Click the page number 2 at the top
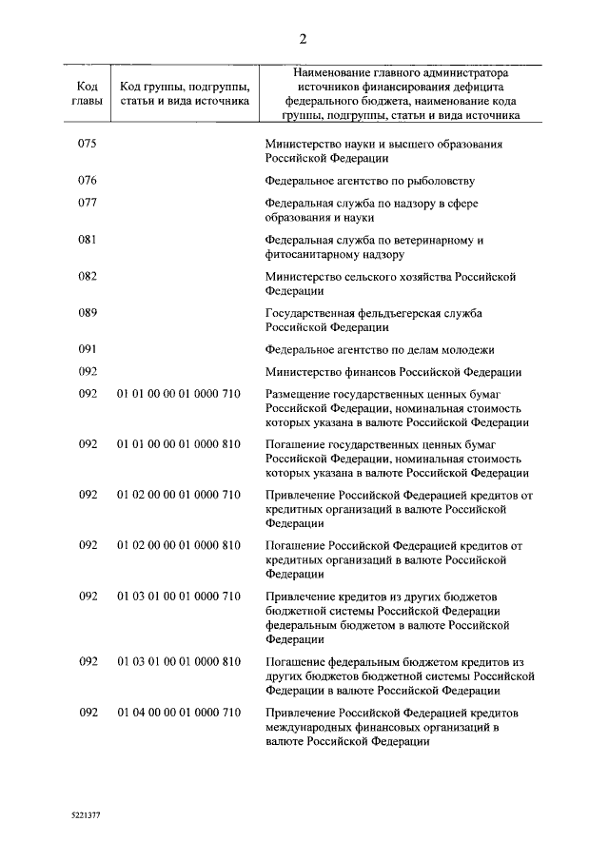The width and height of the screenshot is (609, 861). click(x=304, y=39)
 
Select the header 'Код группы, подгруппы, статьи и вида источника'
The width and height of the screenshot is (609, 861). click(x=179, y=91)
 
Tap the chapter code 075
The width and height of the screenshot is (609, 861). click(x=88, y=144)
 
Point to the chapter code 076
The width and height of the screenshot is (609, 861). click(x=88, y=179)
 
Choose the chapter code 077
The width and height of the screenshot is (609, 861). click(x=88, y=202)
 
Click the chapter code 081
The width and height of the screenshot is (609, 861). click(x=88, y=239)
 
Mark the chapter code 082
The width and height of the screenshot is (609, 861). click(x=88, y=276)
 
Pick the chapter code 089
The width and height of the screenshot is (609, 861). click(x=88, y=312)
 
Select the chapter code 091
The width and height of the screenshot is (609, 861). click(x=88, y=349)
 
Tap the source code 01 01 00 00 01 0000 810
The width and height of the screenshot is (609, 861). click(x=179, y=443)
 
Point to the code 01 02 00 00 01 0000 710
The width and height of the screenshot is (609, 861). click(x=179, y=494)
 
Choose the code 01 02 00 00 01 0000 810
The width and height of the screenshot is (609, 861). click(x=179, y=545)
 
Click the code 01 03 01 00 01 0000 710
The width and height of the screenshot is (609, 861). click(x=179, y=596)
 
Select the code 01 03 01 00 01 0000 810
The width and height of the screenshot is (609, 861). click(x=179, y=661)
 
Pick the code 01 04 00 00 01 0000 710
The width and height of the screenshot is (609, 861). click(x=179, y=713)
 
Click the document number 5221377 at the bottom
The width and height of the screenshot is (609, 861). click(x=86, y=816)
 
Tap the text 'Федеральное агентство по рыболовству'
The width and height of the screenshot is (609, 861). click(x=369, y=179)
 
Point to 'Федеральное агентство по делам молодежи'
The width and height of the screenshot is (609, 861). click(x=379, y=349)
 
